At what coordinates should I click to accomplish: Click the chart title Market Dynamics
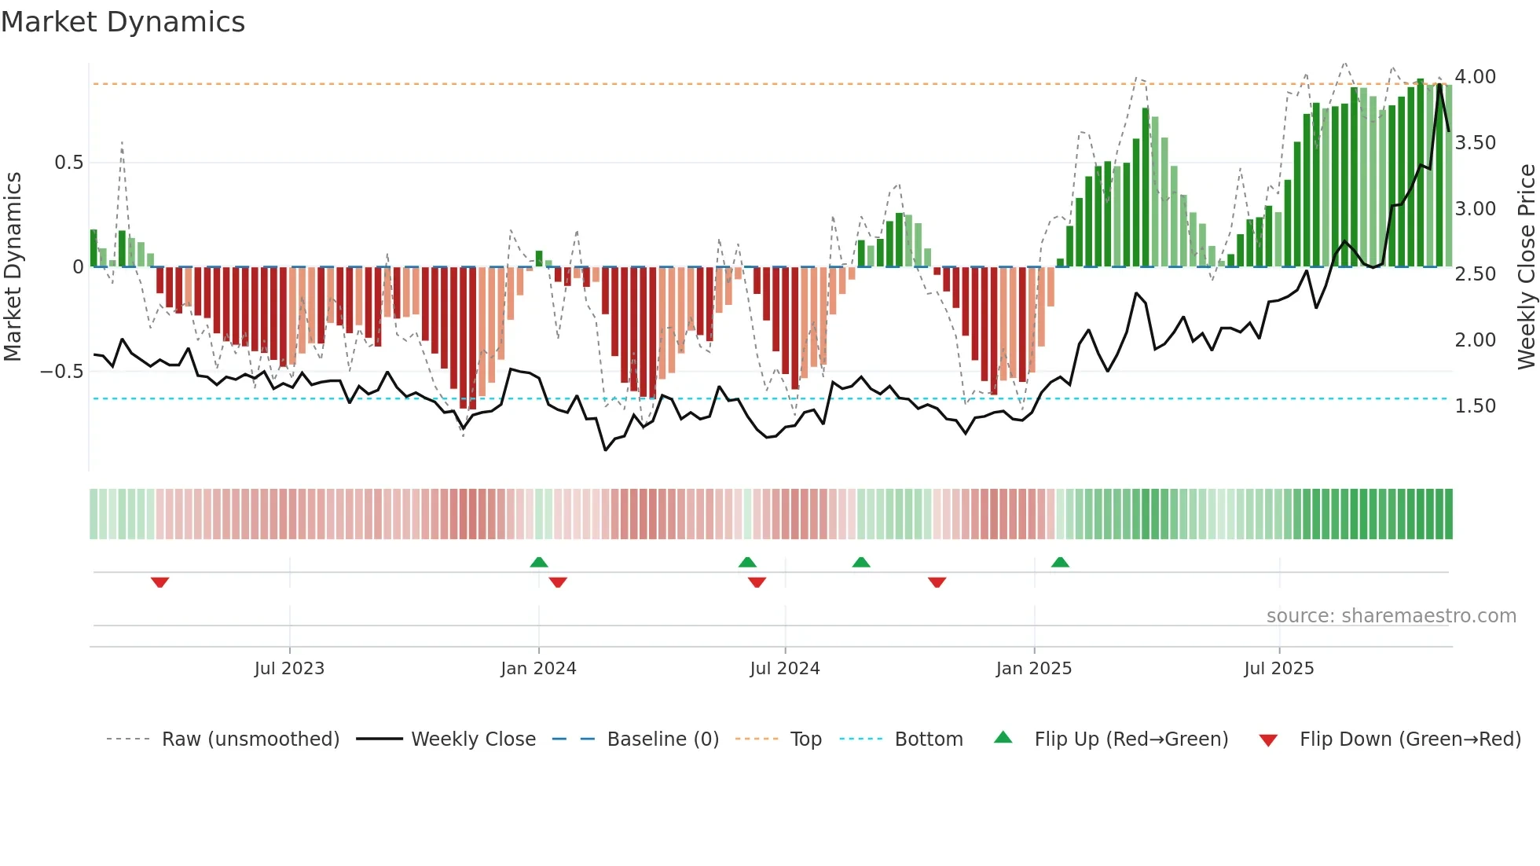point(123,22)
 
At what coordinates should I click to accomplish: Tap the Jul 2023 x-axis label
point(289,669)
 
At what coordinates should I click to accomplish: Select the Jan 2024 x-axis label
point(538,669)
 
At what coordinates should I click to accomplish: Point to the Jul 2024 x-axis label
point(784,669)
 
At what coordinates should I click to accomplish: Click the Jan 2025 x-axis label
point(1033,669)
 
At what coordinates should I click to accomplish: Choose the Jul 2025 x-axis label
point(1278,669)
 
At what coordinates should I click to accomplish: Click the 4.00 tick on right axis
point(1475,77)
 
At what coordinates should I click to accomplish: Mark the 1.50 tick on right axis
point(1475,406)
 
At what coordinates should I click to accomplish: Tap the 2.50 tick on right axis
point(1475,274)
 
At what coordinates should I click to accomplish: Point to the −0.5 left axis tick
point(61,372)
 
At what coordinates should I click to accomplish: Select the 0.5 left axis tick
point(68,163)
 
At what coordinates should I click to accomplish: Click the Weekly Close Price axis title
point(1526,267)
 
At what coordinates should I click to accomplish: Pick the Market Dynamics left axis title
point(13,267)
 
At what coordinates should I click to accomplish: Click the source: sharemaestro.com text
point(1391,616)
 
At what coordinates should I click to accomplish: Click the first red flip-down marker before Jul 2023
point(159,582)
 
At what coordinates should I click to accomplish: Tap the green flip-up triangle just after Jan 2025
point(1060,562)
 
